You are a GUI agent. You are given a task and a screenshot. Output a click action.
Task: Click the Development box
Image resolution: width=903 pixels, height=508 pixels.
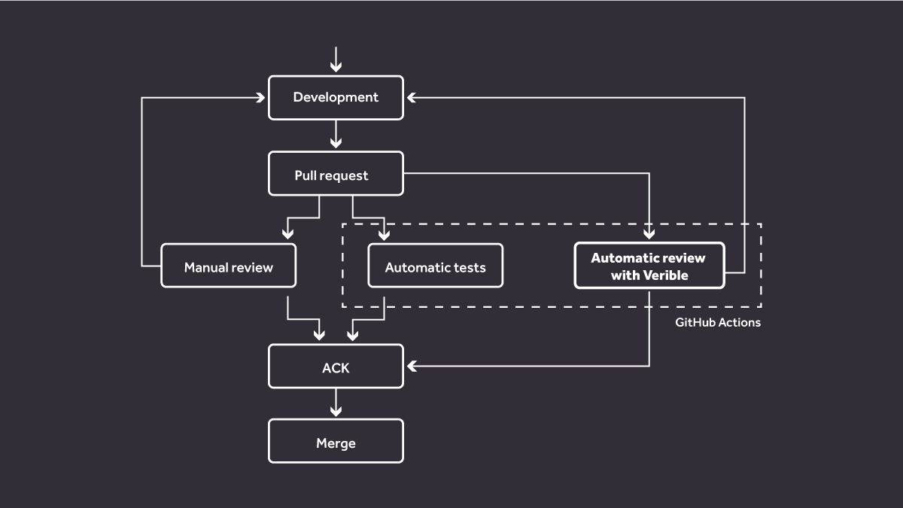(x=336, y=97)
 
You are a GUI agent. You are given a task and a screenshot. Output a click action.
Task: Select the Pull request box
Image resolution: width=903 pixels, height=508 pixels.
(x=336, y=175)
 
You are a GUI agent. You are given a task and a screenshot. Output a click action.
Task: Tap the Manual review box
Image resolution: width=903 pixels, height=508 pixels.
(x=228, y=267)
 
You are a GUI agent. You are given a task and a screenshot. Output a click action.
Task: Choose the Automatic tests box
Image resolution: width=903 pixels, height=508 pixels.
(x=435, y=267)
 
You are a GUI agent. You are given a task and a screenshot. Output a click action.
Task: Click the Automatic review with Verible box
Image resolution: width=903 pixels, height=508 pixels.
(x=649, y=266)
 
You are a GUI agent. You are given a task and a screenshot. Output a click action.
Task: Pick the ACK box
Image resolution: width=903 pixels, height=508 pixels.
(x=336, y=367)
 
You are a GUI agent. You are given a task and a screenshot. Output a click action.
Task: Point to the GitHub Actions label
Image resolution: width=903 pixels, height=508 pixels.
(x=717, y=322)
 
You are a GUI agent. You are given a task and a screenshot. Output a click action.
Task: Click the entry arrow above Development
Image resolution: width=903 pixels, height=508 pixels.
(x=336, y=59)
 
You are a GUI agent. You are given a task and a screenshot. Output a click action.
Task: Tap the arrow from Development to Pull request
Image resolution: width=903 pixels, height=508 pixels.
(x=336, y=135)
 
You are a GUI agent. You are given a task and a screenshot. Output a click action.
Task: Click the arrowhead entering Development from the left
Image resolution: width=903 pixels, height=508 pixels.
(x=262, y=97)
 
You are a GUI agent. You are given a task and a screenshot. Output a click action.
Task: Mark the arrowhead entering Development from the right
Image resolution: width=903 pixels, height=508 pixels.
(x=410, y=97)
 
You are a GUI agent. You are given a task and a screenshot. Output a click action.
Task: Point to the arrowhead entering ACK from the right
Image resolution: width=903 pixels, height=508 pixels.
(x=411, y=367)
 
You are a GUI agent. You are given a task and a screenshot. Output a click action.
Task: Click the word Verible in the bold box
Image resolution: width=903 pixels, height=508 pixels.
(x=665, y=275)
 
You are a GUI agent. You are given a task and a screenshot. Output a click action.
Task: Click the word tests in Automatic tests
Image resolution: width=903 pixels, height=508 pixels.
(x=469, y=267)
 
